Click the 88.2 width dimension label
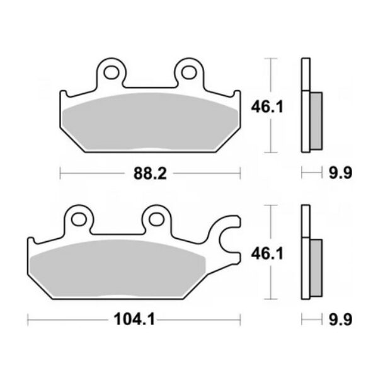pyautogui.click(x=150, y=174)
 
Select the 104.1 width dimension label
pyautogui.click(x=134, y=319)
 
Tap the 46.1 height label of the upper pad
pyautogui.click(x=267, y=107)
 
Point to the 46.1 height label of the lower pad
pyautogui.click(x=267, y=254)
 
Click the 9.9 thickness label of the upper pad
pyautogui.click(x=341, y=173)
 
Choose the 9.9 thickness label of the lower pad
pyautogui.click(x=341, y=319)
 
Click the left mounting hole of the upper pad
pyautogui.click(x=112, y=72)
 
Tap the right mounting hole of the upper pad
pyautogui.click(x=189, y=72)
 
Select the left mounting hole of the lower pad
pyautogui.click(x=79, y=219)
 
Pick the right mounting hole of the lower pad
pyautogui.click(x=157, y=219)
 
